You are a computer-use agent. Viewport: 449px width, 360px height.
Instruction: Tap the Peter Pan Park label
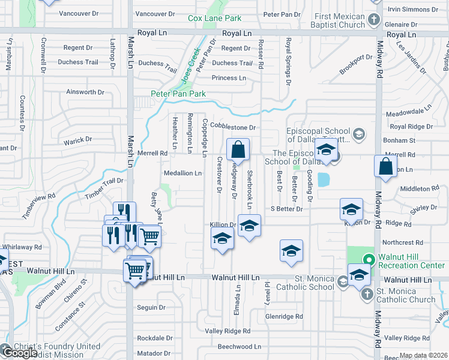coord(178,94)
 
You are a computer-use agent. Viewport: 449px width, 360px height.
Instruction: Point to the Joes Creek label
coord(190,67)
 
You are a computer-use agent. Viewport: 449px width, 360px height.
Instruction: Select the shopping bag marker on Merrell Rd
coord(238,150)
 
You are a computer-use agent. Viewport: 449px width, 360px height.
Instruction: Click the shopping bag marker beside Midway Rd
coord(385,166)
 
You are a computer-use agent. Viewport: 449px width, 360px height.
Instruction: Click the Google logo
coord(19,353)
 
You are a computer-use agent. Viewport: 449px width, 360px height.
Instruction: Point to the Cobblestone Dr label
coord(237,127)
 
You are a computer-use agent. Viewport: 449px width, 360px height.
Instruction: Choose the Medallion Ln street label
coord(183,173)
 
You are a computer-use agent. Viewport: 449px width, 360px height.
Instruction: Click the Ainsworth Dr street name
coord(85,92)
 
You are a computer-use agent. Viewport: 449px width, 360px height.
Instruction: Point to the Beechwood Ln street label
coord(239,346)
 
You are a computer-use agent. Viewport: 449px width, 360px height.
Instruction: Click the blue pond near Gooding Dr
coord(324,179)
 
